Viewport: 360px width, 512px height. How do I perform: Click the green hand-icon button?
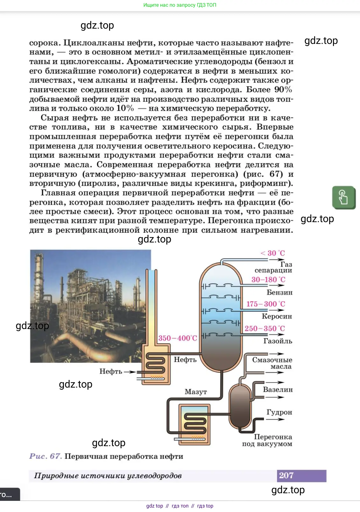click(x=343, y=197)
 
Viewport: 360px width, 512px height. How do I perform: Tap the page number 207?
click(x=286, y=475)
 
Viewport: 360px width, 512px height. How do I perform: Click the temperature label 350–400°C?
click(x=178, y=338)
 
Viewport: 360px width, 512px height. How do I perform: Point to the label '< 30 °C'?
click(x=273, y=253)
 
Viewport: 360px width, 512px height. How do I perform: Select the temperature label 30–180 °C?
click(x=268, y=279)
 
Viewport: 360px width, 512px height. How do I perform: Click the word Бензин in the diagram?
click(x=279, y=292)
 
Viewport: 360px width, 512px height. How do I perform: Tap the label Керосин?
click(x=277, y=316)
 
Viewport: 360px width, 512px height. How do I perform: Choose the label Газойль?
click(x=277, y=341)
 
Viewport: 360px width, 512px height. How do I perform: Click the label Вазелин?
click(x=278, y=389)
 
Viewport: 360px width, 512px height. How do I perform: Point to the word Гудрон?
click(x=279, y=412)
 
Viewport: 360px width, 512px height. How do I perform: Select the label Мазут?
click(x=196, y=392)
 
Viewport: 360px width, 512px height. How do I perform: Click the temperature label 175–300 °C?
click(x=266, y=304)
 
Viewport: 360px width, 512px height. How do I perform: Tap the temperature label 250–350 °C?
click(x=265, y=328)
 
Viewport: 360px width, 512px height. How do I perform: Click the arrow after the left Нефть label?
click(x=130, y=371)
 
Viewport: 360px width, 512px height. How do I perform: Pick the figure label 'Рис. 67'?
click(x=45, y=456)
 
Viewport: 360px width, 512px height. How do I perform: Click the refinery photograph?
click(x=90, y=306)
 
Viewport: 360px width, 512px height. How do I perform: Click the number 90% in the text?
click(x=283, y=89)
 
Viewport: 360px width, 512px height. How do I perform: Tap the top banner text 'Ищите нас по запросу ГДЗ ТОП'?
click(x=180, y=5)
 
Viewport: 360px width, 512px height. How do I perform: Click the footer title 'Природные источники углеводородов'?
click(x=108, y=476)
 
